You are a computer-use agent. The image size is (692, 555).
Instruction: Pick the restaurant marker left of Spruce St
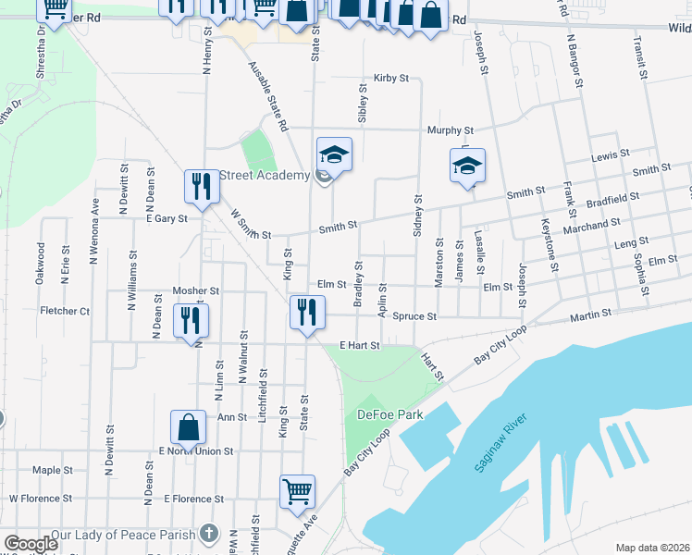point(307,313)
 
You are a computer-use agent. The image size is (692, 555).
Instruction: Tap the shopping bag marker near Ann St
point(189,429)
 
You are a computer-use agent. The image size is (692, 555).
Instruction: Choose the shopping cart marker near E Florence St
point(297,492)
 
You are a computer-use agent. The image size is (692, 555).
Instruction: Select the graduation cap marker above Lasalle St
point(467,167)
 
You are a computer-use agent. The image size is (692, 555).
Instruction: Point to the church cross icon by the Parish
point(209,534)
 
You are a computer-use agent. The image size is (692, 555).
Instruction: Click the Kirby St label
point(391,79)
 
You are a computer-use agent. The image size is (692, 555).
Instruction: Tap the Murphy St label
point(450,131)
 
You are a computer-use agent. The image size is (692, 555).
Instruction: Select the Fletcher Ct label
point(65,312)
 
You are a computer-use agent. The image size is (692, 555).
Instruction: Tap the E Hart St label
point(360,345)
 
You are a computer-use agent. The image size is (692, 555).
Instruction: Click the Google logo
point(31,544)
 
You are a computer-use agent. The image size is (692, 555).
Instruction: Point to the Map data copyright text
point(652,548)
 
